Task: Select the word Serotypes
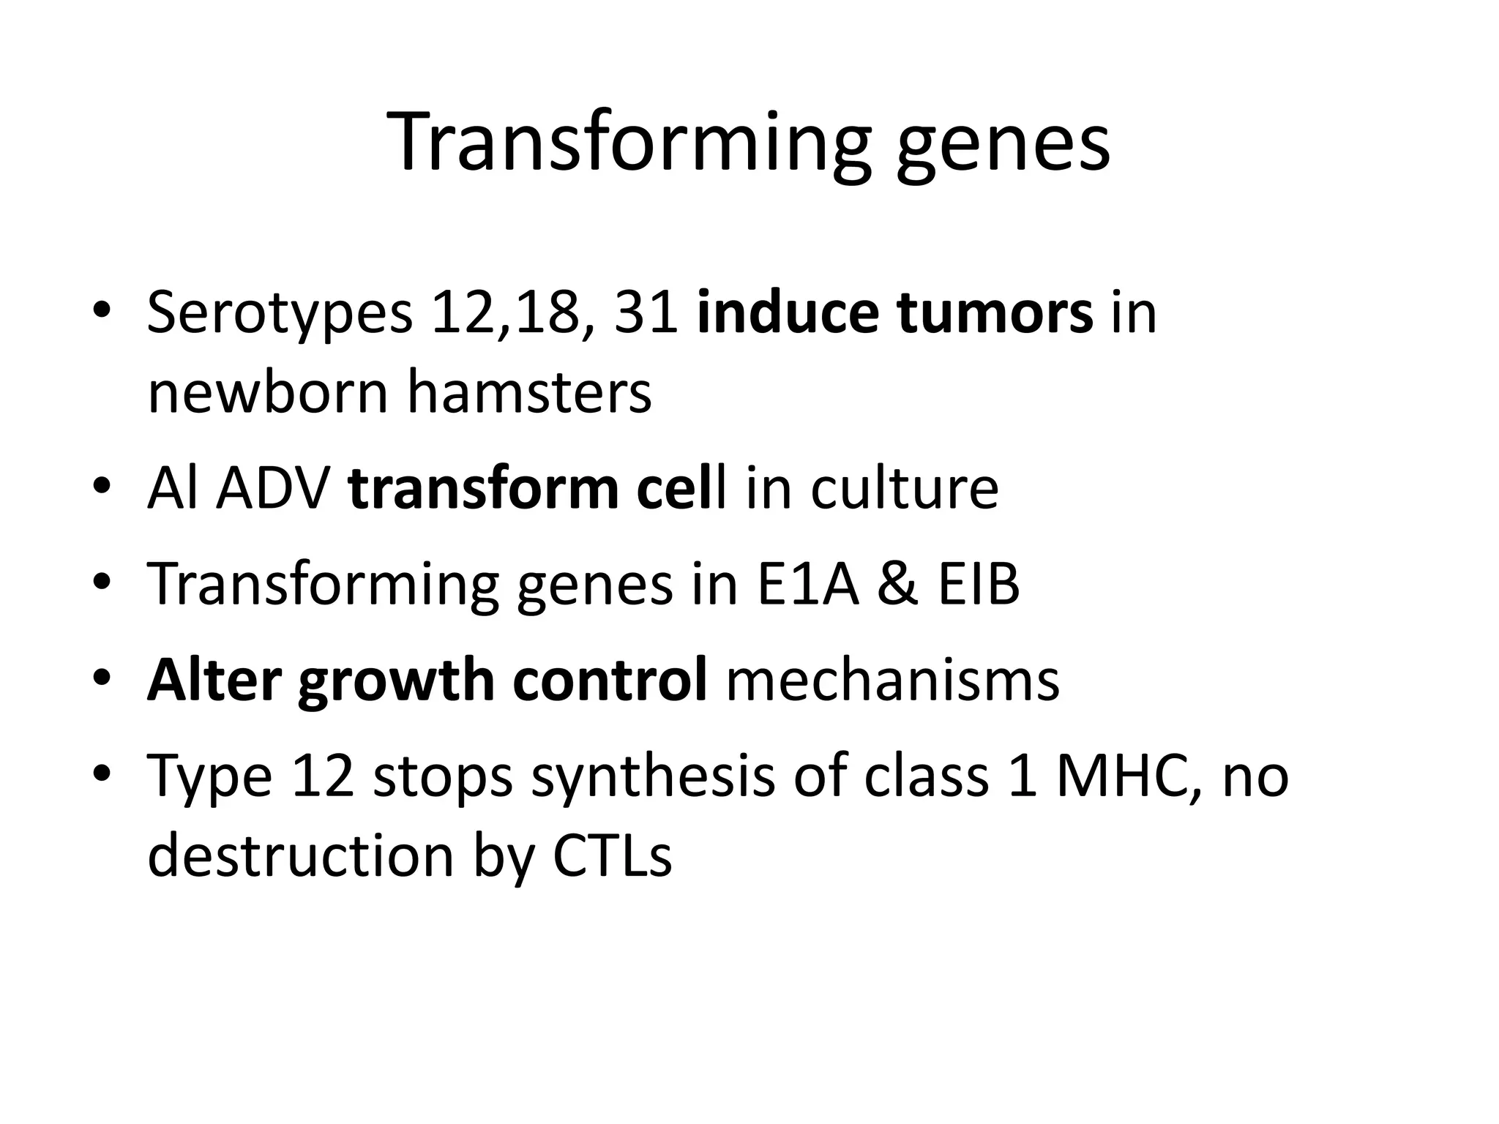[x=280, y=313]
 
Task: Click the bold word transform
[x=484, y=489]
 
